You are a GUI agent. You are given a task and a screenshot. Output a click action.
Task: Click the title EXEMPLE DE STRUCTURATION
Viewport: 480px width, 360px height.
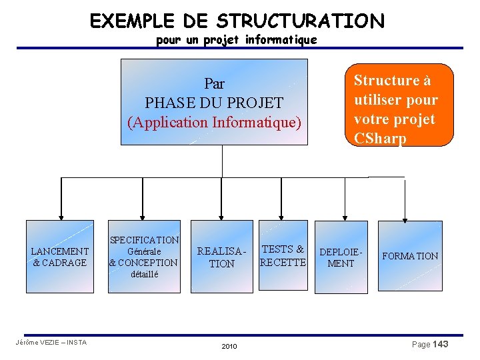click(237, 21)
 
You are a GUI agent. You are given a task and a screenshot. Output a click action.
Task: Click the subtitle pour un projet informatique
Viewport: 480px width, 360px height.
click(236, 41)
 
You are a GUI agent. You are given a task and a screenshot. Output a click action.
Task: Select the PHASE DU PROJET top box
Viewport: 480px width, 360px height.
click(214, 102)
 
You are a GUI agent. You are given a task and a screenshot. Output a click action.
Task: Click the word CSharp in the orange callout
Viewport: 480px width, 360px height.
click(380, 139)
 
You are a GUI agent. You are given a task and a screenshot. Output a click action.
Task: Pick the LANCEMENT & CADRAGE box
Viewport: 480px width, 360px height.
click(60, 257)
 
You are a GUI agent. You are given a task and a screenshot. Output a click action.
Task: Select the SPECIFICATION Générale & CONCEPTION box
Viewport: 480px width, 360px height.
click(144, 257)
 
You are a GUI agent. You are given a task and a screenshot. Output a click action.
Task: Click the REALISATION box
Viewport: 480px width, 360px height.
click(222, 257)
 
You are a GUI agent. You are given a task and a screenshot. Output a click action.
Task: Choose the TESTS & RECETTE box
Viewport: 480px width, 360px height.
click(283, 255)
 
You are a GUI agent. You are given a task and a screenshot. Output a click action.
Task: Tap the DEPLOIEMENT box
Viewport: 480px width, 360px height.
click(341, 257)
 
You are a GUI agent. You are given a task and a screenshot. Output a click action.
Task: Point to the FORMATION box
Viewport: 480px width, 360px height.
click(409, 256)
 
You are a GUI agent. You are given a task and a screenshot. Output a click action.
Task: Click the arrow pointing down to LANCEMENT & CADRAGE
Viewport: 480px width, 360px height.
click(61, 200)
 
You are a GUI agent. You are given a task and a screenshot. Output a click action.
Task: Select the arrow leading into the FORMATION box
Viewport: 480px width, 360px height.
click(404, 200)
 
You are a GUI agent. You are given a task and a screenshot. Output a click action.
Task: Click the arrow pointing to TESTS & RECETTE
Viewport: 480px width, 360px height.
click(283, 200)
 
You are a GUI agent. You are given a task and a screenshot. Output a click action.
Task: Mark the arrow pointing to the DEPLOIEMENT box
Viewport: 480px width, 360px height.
click(345, 200)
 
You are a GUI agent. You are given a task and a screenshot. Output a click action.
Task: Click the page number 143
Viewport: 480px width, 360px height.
click(440, 344)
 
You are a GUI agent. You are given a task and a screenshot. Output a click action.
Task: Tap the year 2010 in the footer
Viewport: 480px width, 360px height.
click(229, 347)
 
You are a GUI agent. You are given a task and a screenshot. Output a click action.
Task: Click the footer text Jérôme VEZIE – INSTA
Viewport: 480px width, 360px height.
click(51, 343)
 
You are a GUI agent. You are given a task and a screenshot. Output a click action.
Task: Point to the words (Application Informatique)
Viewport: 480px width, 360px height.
click(214, 123)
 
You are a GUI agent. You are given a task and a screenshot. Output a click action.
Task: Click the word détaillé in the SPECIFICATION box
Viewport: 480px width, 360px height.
click(145, 274)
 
